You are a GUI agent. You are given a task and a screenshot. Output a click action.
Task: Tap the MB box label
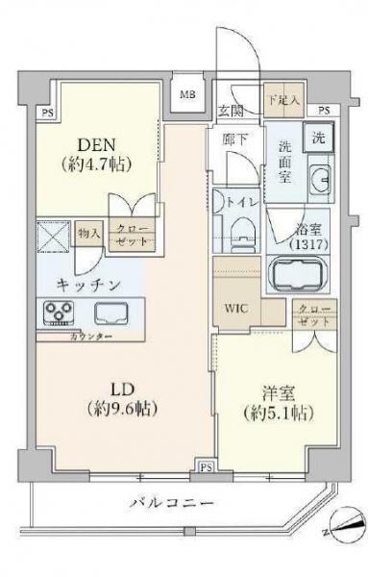coord(187,97)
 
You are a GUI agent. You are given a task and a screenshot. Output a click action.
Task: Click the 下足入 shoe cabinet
coord(282,99)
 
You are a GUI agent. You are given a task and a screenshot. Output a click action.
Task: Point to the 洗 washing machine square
coord(318,137)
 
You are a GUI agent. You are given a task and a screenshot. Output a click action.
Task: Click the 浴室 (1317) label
coord(310,237)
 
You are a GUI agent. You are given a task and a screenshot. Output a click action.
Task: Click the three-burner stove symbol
coord(57,312)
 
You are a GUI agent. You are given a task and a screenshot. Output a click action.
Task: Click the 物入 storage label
coord(89,234)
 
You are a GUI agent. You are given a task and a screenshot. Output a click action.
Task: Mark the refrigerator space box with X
coord(52,236)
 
